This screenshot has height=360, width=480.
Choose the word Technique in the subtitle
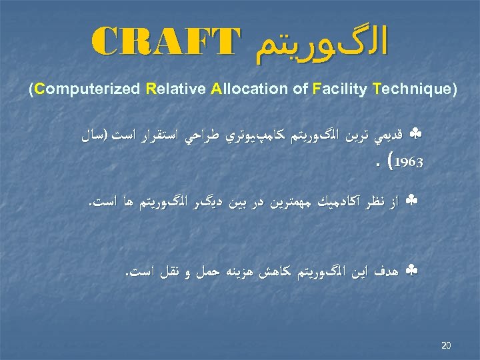point(413,89)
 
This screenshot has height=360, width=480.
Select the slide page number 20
point(446,345)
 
